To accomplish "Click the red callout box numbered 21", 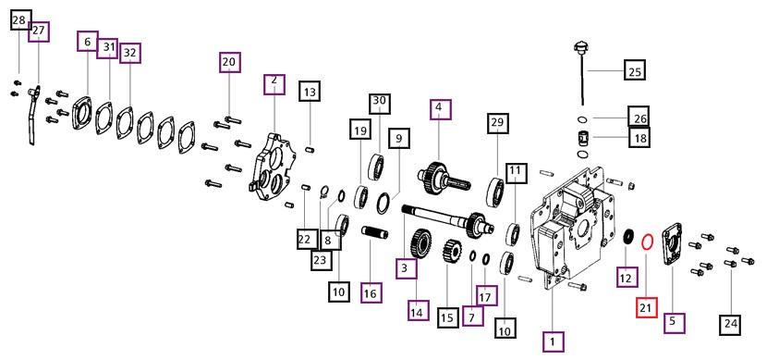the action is (646, 307).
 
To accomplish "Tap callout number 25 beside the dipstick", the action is (635, 71).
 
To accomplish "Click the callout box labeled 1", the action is (554, 341).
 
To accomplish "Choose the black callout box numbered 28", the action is (19, 20).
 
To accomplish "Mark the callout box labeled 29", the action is (497, 123).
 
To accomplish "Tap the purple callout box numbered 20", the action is (229, 62).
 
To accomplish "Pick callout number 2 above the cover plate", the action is (274, 84).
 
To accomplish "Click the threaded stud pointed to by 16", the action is (374, 231).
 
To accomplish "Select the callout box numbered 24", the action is (731, 324).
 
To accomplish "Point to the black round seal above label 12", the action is (628, 236).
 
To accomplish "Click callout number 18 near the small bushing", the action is (639, 138).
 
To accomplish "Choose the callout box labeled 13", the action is (310, 92).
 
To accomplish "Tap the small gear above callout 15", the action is (452, 251).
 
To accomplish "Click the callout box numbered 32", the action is (129, 53).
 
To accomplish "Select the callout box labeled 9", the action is (399, 139).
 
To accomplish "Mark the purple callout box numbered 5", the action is (674, 322).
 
